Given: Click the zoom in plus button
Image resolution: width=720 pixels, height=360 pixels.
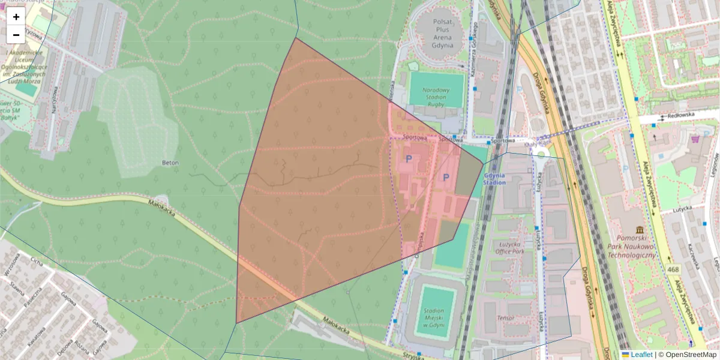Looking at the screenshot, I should [16, 17].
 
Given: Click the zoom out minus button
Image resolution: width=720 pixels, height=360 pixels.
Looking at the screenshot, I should [16, 35].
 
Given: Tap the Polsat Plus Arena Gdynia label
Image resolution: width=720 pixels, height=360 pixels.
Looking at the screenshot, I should [442, 33].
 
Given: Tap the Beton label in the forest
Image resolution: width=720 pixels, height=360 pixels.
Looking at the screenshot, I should [170, 162].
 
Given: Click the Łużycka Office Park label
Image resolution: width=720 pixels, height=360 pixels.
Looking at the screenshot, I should [508, 248].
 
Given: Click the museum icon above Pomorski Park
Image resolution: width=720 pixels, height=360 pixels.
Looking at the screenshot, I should [640, 230].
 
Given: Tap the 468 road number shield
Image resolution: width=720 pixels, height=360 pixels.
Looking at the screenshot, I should [673, 271].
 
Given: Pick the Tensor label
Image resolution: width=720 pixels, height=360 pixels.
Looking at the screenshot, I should [506, 317].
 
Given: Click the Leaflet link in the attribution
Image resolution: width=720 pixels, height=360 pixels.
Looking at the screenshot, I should [641, 355].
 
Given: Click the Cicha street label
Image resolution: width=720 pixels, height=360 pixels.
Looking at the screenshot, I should [37, 263].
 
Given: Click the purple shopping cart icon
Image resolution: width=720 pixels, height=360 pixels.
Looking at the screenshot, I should [695, 139].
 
